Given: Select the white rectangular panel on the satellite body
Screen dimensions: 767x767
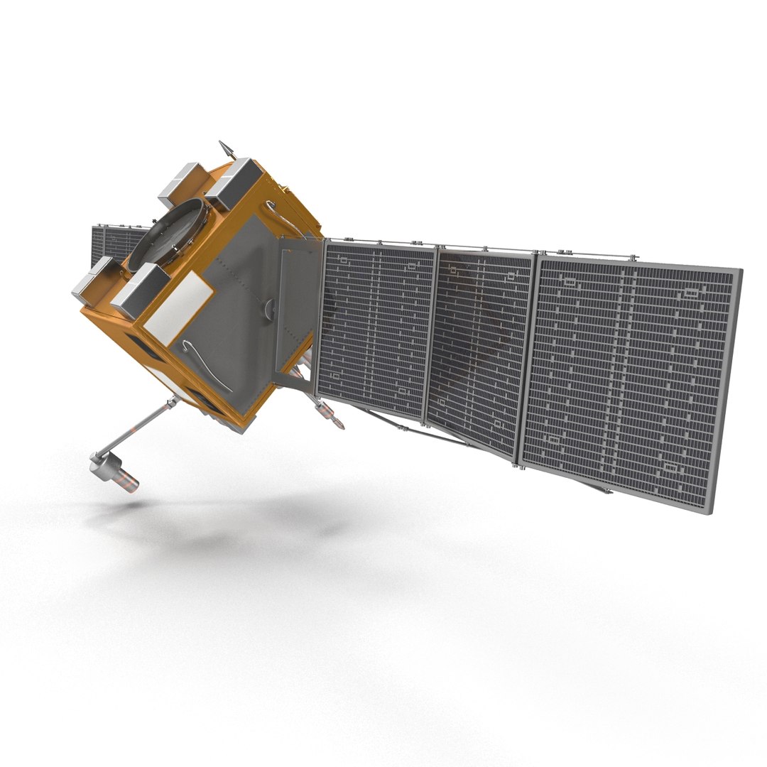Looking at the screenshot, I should (178, 309).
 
